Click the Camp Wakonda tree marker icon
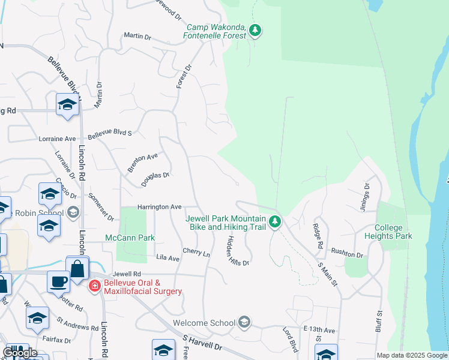[255, 30]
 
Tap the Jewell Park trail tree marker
[275, 222]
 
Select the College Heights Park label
[393, 232]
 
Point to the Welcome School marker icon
[244, 323]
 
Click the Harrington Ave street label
[159, 207]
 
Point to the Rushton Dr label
[347, 254]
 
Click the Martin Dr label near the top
[137, 37]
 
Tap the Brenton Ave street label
[142, 162]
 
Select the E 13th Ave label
[319, 329]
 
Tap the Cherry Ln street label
[196, 253]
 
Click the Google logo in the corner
[19, 353]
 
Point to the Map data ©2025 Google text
[412, 355]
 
